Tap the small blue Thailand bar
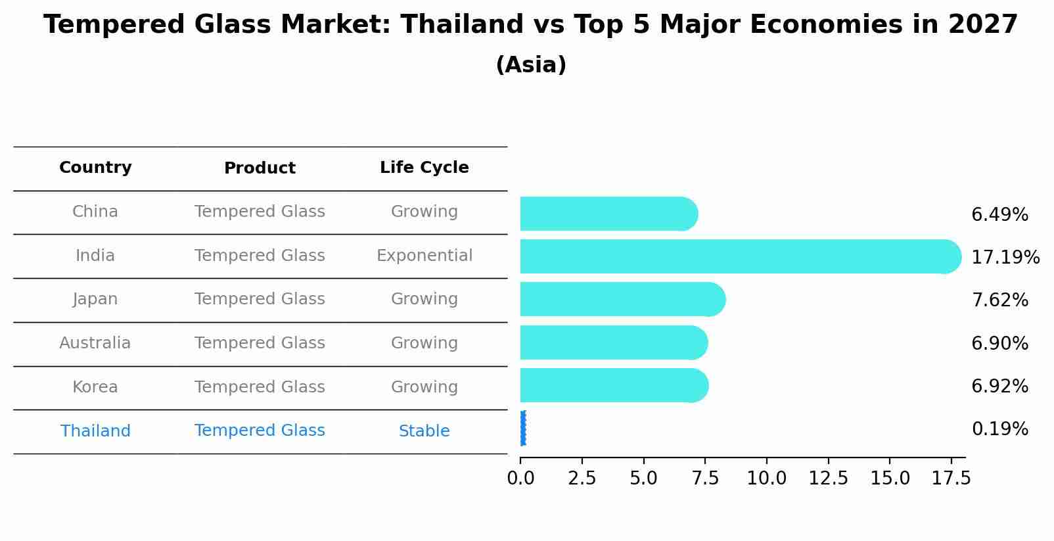523,428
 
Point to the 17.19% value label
1005,257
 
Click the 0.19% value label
999,429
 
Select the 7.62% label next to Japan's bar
999,300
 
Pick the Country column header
95,168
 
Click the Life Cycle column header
424,168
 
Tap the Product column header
260,168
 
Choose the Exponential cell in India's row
424,256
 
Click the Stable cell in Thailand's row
424,431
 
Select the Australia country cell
95,343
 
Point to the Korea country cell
95,387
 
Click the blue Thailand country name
95,431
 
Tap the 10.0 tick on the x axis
766,479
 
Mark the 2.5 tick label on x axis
582,479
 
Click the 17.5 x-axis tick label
951,479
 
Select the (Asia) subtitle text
531,65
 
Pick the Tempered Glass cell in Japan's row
260,299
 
